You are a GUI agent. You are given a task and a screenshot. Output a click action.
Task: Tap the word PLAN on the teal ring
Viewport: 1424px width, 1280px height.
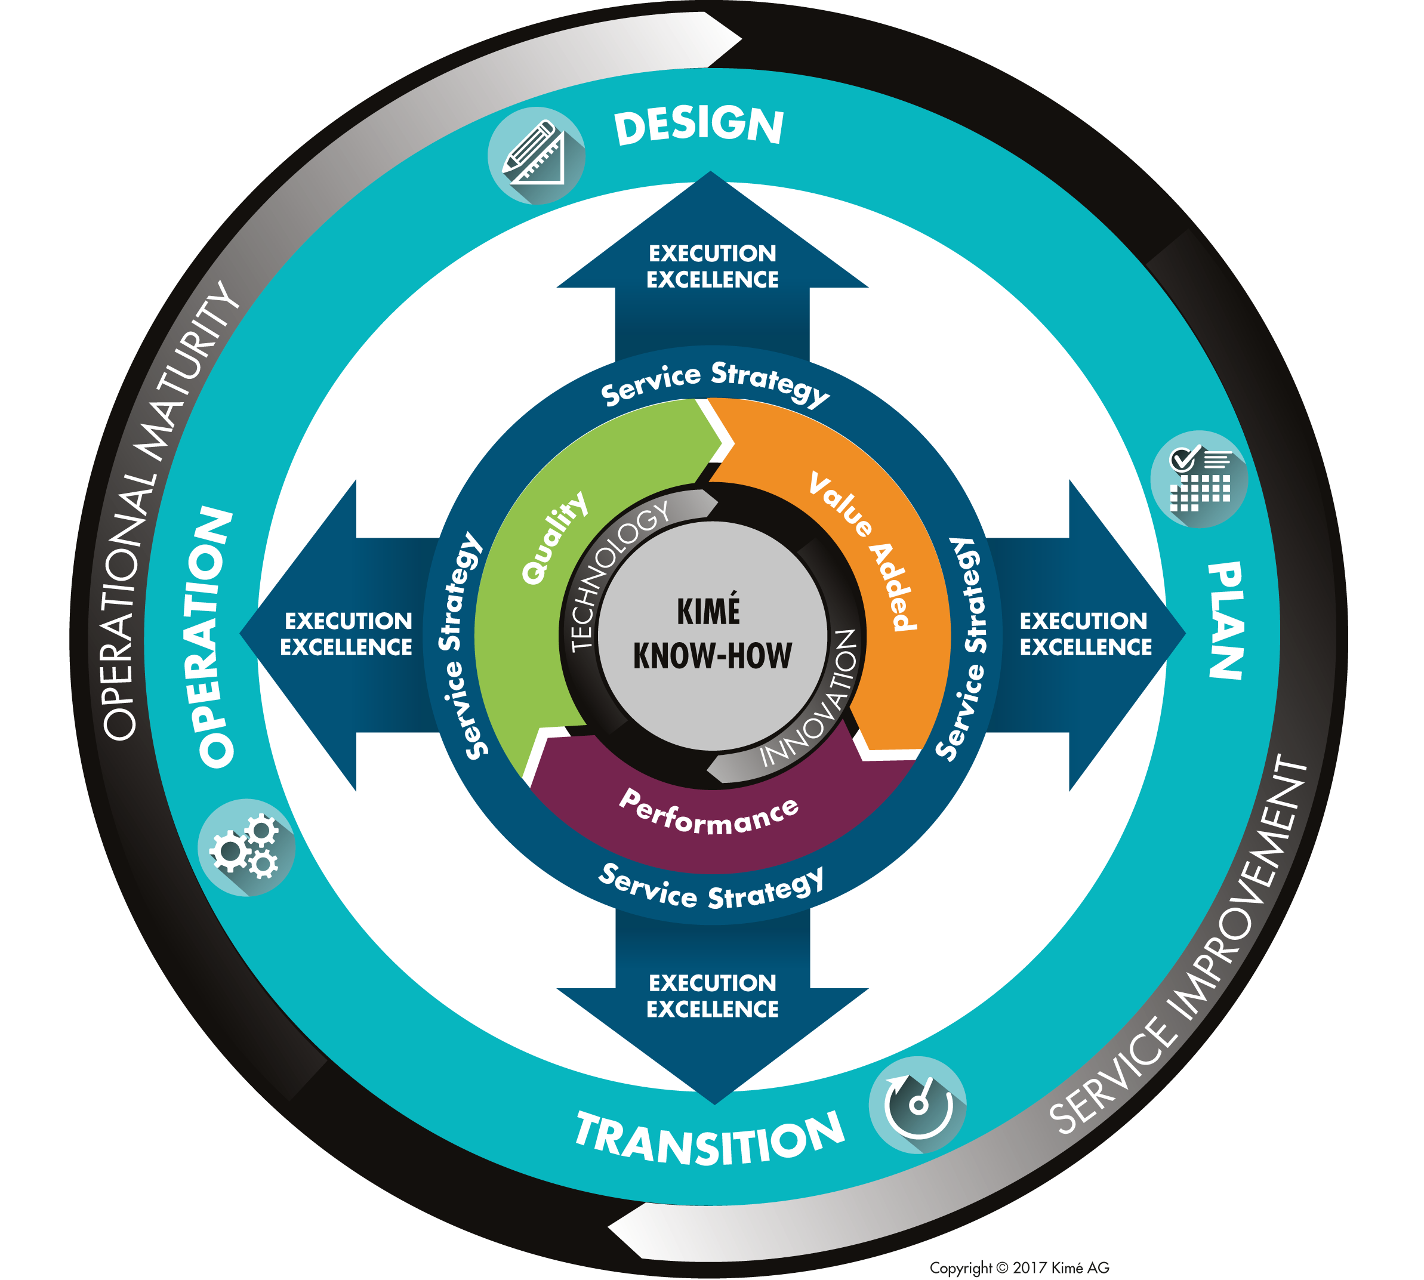coord(1225,621)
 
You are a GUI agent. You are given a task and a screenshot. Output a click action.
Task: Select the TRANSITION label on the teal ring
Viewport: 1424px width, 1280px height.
coord(709,1139)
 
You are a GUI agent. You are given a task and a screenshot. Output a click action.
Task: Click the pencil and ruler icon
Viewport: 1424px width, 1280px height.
coord(536,155)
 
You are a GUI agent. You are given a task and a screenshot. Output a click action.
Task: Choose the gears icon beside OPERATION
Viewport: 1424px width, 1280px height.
coord(245,847)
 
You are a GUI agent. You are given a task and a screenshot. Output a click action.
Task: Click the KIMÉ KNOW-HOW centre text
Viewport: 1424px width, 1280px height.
coord(711,633)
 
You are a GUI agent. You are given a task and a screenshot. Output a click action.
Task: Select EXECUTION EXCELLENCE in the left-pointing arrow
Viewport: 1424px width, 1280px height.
coord(347,634)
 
